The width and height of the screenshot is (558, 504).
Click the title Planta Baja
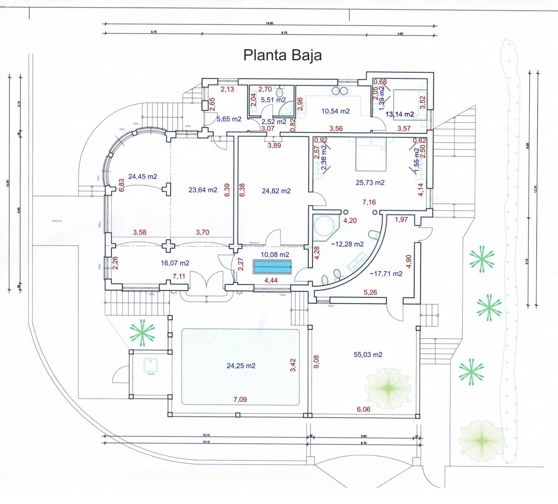[x=282, y=55]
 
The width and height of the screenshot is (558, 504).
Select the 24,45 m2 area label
[x=142, y=176]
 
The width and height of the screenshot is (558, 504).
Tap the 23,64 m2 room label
[x=203, y=190]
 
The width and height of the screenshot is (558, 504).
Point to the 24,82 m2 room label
[x=276, y=191]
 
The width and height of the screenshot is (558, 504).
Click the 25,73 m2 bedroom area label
[x=370, y=182]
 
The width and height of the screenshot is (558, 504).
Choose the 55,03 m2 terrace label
[x=368, y=354]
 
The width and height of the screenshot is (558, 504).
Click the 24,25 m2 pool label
[x=241, y=365]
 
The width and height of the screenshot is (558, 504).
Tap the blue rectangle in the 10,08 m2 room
[x=272, y=267]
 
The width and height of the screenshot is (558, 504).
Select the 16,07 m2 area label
[x=175, y=263]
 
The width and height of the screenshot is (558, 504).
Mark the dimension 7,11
[x=179, y=276]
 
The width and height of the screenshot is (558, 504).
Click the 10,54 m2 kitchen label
[x=335, y=111]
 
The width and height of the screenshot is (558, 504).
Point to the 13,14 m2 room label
[x=400, y=114]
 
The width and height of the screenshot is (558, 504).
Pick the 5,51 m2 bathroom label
[x=273, y=100]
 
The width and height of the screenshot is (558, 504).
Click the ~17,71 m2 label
[x=386, y=273]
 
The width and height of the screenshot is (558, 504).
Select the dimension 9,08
[x=316, y=362]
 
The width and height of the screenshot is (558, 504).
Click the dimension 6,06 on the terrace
[x=363, y=409]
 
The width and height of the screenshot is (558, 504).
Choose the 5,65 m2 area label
[x=229, y=119]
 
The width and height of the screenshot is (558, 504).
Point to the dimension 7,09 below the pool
[x=240, y=399]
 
